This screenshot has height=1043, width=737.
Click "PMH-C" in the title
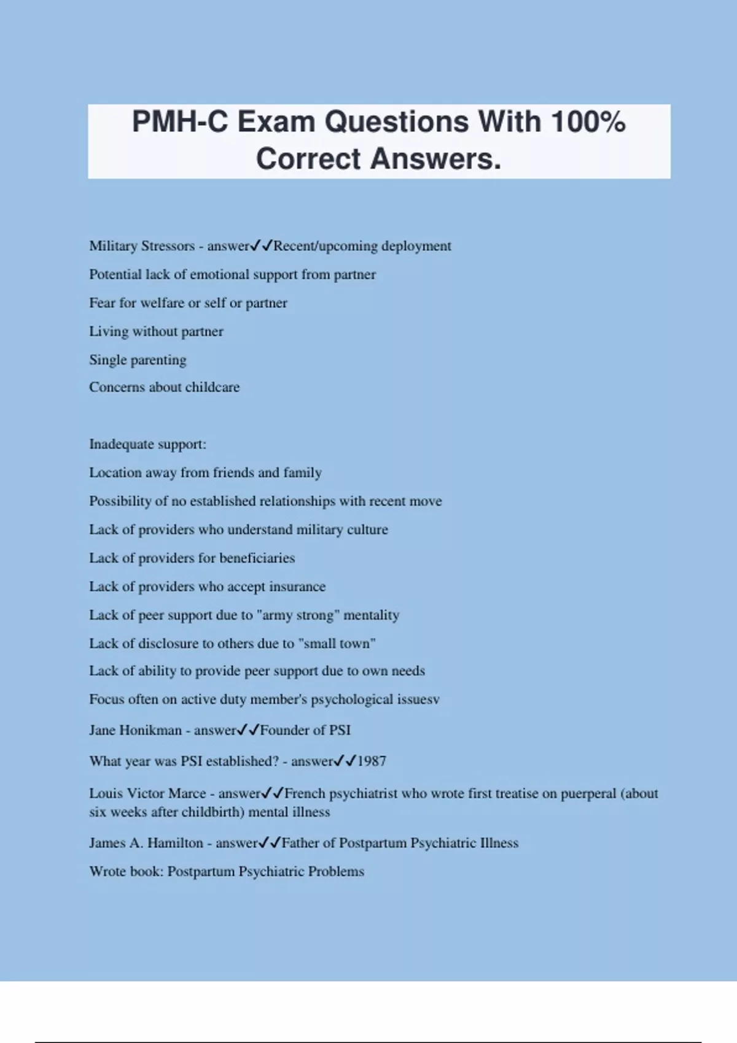(180, 122)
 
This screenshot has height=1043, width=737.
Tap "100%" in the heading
(588, 122)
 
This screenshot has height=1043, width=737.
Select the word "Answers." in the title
(436, 159)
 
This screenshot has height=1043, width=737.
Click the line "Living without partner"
(156, 331)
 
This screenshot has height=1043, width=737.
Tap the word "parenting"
(158, 360)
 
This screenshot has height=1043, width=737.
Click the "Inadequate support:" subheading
(147, 444)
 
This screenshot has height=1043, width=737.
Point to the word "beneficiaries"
(257, 558)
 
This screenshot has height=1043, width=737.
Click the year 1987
(372, 761)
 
